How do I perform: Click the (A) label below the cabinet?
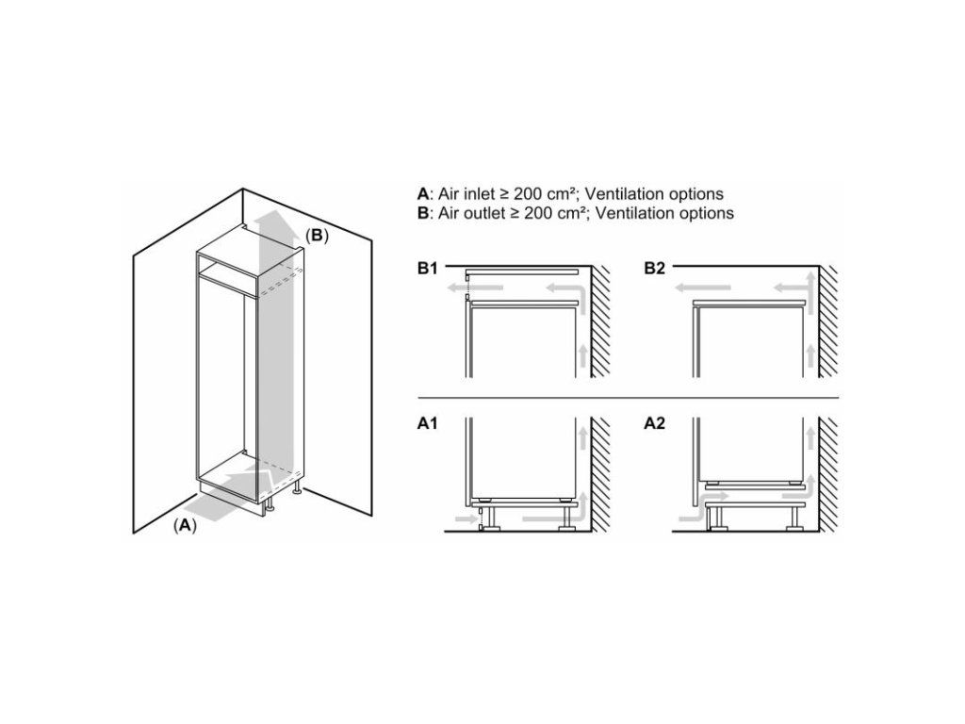point(185,525)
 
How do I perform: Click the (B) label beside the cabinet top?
point(317,235)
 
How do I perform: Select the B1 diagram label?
point(427,269)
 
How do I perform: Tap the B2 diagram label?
point(655,269)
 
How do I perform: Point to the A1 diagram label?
point(427,423)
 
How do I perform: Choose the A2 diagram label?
point(655,423)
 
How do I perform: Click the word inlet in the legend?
point(477,194)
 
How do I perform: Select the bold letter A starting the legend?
point(423,194)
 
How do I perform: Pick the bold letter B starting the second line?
point(423,213)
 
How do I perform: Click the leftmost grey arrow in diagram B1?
point(475,288)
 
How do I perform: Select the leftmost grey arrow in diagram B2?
point(703,288)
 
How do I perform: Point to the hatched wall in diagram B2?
point(828,321)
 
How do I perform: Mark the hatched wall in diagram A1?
point(600,474)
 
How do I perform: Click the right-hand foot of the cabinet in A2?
point(793,521)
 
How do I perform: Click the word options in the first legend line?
point(693,194)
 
